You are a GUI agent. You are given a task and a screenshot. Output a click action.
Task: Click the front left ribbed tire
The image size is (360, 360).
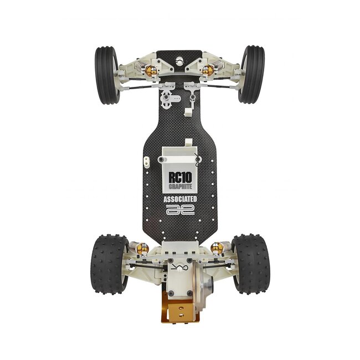[107, 75]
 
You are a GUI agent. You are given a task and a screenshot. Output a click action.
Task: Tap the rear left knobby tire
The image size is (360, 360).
[109, 263]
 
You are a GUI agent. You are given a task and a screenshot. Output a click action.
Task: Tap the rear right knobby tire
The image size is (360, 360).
[250, 263]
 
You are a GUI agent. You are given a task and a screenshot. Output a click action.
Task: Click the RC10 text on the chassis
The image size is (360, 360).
[180, 177]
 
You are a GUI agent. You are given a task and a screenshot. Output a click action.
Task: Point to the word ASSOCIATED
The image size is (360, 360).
[180, 199]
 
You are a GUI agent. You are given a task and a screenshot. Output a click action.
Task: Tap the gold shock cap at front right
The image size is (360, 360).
[208, 70]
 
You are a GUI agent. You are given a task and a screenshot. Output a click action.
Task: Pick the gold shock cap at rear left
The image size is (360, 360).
[142, 248]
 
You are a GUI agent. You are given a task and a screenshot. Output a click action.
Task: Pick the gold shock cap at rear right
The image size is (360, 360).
[218, 248]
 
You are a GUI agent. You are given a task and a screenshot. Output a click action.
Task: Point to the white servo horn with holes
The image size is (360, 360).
[167, 100]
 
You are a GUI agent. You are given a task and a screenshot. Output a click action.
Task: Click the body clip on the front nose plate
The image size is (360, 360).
[192, 100]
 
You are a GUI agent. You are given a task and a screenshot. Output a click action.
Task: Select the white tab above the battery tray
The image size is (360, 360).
[188, 142]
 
